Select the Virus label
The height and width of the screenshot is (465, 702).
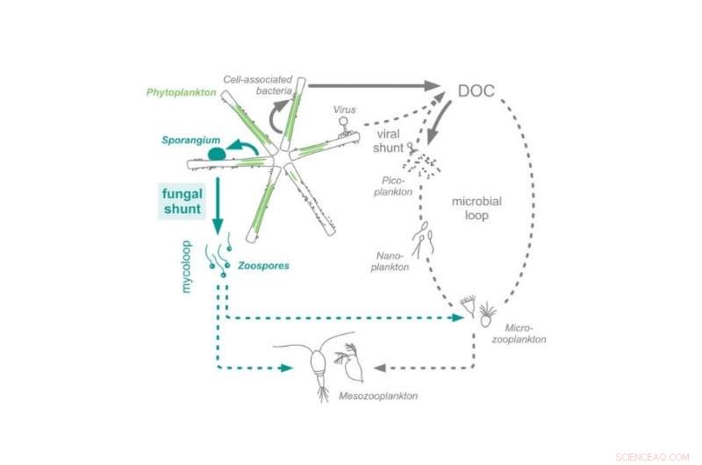point(345,110)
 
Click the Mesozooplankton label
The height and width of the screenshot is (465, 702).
point(378,397)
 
